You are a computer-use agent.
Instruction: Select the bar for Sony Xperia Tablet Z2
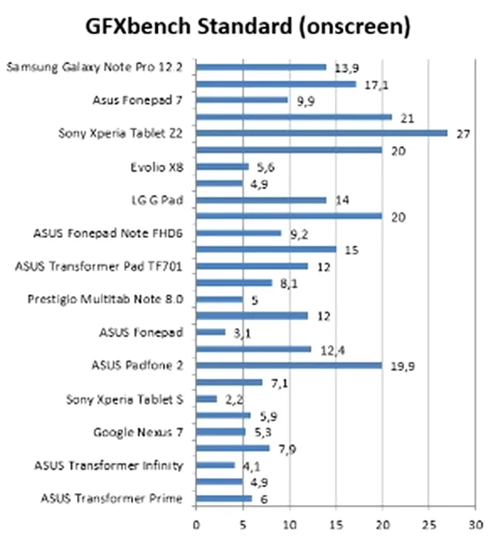[x=322, y=132]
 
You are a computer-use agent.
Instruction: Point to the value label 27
[x=462, y=132]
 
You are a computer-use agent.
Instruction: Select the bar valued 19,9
[x=289, y=365]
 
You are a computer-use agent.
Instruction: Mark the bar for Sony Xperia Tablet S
[x=206, y=399]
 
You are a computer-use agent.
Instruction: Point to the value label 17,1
[x=375, y=84]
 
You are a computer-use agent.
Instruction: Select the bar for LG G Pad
[x=261, y=199]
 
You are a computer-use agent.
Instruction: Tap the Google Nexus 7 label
[x=138, y=432]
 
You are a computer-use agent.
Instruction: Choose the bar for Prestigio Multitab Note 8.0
[x=219, y=300]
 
